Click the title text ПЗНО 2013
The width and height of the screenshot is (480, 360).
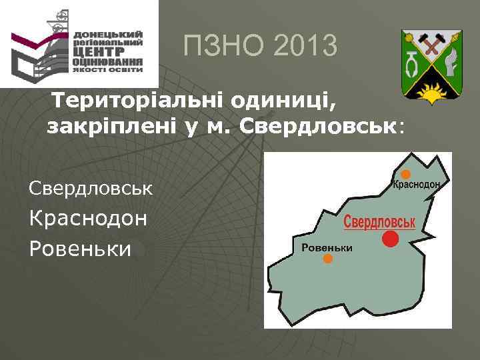[x=261, y=47]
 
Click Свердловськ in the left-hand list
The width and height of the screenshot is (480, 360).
[x=91, y=188]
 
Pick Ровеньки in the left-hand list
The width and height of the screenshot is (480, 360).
[x=80, y=249]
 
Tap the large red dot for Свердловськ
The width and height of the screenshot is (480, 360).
[x=391, y=239]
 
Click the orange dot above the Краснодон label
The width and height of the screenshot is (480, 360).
[x=405, y=175]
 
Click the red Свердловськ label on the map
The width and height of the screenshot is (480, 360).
[x=379, y=222]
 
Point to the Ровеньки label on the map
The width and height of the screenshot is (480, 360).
[x=327, y=248]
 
